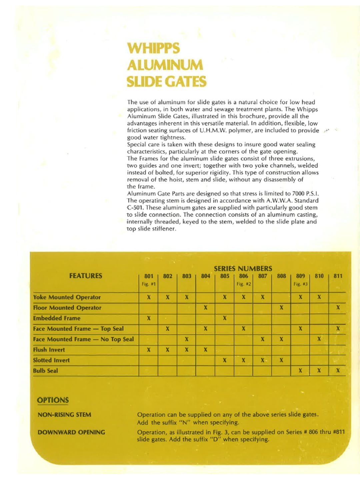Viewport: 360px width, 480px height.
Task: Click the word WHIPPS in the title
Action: pos(153,48)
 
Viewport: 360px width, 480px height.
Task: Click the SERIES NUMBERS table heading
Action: pos(243,268)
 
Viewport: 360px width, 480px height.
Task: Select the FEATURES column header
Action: pos(86,276)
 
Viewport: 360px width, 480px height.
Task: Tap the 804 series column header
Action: pos(206,276)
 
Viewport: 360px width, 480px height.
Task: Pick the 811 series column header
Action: pos(338,276)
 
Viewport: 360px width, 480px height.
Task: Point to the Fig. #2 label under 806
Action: pos(244,284)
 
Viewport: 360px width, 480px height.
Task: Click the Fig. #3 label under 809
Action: pos(300,284)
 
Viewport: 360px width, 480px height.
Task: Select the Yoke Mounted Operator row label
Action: pos(67,297)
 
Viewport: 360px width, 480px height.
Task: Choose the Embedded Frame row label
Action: pos(57,318)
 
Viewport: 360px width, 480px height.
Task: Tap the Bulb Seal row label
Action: pos(45,371)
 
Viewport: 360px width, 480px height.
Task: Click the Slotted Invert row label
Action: pos(51,360)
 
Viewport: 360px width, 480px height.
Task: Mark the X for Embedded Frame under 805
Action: pos(225,318)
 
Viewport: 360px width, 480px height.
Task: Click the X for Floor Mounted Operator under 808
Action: pos(281,308)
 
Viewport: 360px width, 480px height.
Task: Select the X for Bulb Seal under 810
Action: pos(319,371)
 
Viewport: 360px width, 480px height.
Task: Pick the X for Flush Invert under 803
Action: pos(187,350)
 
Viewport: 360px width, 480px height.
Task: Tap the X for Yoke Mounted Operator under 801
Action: pos(149,297)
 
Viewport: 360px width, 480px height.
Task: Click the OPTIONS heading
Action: pos(53,400)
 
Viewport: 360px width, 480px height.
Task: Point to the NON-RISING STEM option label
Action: pos(64,415)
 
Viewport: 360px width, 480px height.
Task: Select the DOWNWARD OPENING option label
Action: pos(71,432)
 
